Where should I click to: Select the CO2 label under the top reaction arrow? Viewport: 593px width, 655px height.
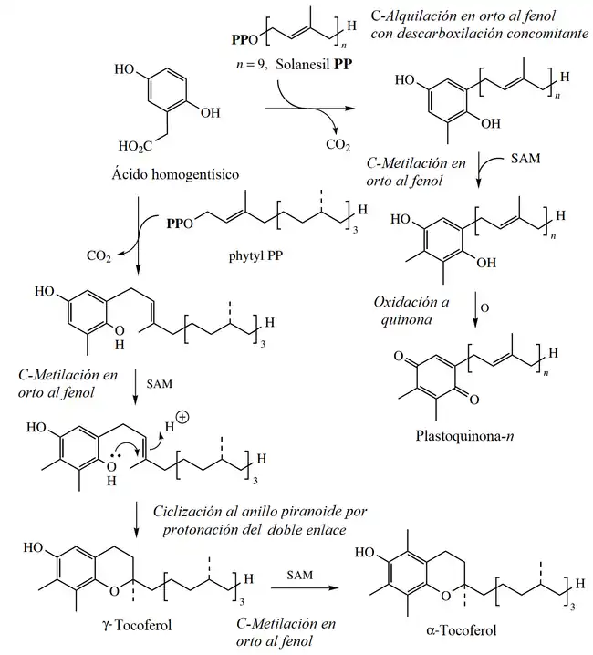337,144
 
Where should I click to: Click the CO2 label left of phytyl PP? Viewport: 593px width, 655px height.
99,257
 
